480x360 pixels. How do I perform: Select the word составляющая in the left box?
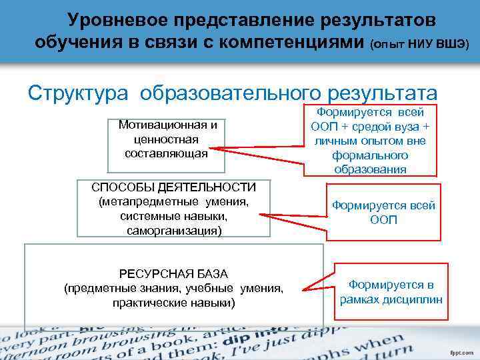click(x=166, y=153)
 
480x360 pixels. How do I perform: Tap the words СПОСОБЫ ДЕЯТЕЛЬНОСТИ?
click(x=173, y=186)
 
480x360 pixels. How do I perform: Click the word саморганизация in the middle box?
click(x=173, y=230)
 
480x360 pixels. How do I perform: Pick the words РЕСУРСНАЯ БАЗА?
click(x=173, y=274)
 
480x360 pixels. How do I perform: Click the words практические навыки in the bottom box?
click(x=173, y=303)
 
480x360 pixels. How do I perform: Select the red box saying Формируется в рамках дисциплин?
click(x=391, y=292)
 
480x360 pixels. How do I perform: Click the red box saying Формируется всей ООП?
click(x=383, y=212)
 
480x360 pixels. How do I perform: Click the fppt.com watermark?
click(x=461, y=351)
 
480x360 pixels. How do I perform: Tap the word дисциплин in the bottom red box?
click(x=413, y=299)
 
